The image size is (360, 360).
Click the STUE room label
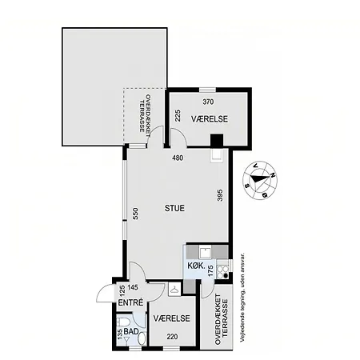point(174,208)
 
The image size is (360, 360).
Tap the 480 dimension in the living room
point(178,158)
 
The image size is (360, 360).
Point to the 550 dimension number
point(135,214)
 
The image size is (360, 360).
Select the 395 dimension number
point(220,195)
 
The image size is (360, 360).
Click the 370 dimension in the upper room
point(208,102)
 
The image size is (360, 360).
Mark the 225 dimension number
point(178,116)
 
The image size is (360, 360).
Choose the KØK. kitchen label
point(196,266)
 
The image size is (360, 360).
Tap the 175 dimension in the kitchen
point(210,270)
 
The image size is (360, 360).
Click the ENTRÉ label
point(130,302)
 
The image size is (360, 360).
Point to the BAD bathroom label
point(131,331)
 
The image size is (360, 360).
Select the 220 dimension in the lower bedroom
point(172,337)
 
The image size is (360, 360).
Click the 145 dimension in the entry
point(133,287)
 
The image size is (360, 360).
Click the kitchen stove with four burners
point(222,269)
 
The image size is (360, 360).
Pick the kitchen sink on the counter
point(206,252)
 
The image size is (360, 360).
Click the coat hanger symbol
point(174,289)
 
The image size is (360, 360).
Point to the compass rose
point(260,180)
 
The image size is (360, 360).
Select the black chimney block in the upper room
point(217,140)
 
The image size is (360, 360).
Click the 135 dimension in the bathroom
point(120,334)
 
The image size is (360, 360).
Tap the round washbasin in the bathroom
point(142,339)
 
